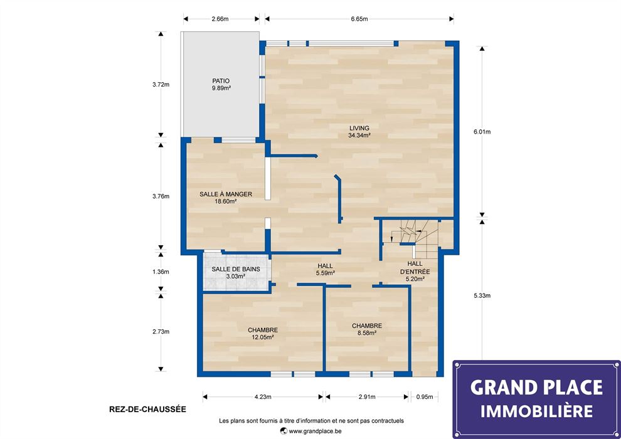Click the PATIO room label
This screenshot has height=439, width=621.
click(221, 81)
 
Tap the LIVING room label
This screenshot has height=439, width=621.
click(359, 129)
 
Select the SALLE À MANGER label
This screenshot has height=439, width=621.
click(226, 194)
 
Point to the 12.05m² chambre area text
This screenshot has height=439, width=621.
click(263, 337)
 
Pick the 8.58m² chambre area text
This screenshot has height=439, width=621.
click(367, 333)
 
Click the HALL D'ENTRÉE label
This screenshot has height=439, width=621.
click(415, 268)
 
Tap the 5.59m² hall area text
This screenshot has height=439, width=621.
click(325, 273)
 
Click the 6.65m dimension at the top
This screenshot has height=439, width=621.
click(359, 19)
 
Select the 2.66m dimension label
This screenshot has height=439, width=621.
click(220, 19)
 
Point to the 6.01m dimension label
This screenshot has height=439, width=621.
click(482, 132)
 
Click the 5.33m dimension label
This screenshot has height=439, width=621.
click(482, 295)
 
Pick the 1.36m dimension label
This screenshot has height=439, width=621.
click(161, 272)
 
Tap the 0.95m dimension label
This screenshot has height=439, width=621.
click(424, 397)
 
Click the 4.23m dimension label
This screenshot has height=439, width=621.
click(263, 397)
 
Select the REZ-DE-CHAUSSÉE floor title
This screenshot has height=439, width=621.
click(147, 410)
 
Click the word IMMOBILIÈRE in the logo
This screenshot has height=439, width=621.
click(537, 411)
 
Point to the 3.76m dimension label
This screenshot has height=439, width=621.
click(161, 196)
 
